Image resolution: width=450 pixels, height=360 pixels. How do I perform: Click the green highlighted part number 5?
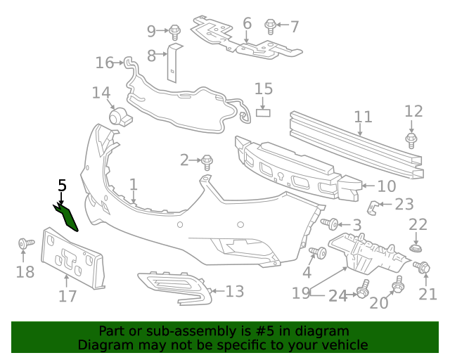[67, 217]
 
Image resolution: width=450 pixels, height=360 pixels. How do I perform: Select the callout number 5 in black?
[62, 186]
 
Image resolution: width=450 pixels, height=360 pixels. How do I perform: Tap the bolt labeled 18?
[25, 245]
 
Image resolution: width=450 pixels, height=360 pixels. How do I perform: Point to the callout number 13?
[234, 291]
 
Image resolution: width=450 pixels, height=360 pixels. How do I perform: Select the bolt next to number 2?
[207, 162]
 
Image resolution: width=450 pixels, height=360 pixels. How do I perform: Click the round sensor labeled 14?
[120, 116]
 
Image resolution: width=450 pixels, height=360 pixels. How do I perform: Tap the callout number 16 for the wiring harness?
[105, 63]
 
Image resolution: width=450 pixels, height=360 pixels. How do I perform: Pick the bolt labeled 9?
[174, 31]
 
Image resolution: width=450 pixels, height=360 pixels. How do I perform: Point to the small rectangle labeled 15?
[263, 111]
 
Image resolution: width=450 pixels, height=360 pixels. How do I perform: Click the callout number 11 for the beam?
[363, 117]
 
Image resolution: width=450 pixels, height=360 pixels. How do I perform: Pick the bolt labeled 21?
[424, 268]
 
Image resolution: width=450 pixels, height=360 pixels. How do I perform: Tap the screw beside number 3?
[330, 224]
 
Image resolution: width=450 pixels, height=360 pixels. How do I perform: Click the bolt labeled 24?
[364, 289]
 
